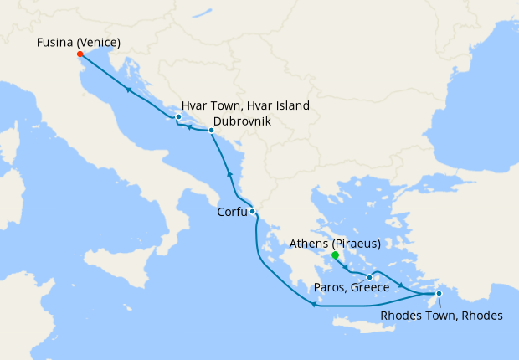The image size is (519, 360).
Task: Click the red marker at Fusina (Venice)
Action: [x=80, y=54]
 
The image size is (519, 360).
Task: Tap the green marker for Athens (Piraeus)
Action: [x=335, y=255]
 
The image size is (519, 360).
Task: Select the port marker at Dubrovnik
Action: [x=211, y=131]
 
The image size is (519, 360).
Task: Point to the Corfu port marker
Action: [x=252, y=212]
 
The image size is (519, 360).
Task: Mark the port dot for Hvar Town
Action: [x=178, y=117]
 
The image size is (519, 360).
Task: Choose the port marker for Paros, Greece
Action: [x=369, y=277]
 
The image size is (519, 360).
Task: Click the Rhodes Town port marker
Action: [x=439, y=293]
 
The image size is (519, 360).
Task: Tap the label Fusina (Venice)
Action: [x=79, y=42]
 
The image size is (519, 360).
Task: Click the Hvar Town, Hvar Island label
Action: [x=245, y=106]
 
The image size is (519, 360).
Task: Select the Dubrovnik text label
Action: [x=242, y=121]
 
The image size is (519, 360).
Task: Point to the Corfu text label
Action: [x=232, y=212]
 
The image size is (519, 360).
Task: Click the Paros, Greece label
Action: [x=352, y=288]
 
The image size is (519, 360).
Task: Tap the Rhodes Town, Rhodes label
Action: [x=441, y=316]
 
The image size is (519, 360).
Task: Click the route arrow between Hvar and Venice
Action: [x=128, y=90]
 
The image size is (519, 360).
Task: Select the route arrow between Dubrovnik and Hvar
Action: [x=191, y=128]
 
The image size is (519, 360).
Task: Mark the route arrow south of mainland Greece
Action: [x=314, y=305]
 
